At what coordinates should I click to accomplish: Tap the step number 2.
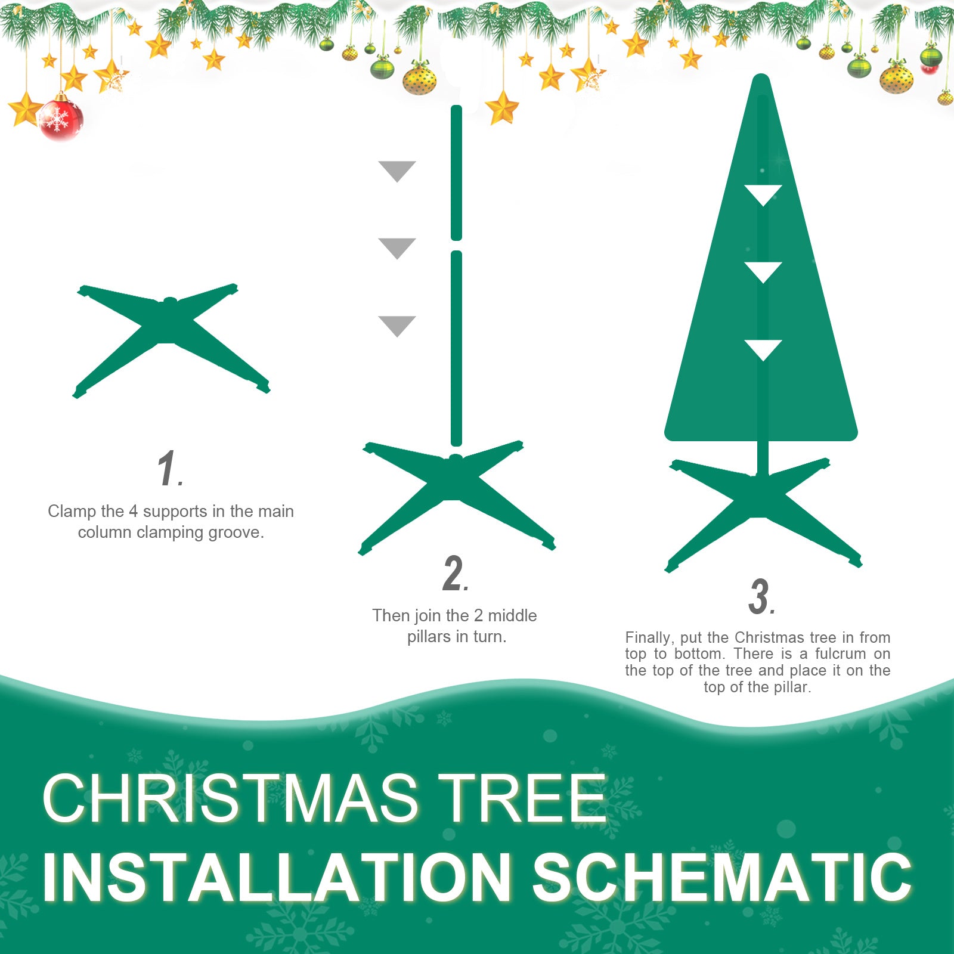point(454,574)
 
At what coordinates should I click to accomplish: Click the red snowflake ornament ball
point(60,119)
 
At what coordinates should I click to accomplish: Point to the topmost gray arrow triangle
point(397,170)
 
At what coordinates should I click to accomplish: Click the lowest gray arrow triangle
point(397,325)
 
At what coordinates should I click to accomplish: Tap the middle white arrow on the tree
point(763,271)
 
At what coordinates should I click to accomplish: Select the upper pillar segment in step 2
point(457,173)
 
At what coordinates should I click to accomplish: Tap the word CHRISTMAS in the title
point(230,799)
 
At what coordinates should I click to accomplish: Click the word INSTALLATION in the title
point(277,878)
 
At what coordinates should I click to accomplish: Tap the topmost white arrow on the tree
point(763,194)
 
